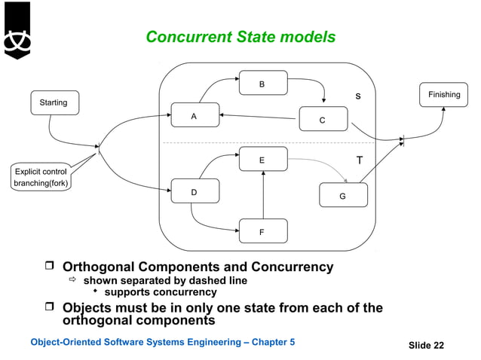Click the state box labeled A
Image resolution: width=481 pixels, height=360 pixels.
click(x=195, y=116)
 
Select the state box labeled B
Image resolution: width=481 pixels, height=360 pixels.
click(x=262, y=84)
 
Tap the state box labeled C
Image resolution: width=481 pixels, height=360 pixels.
click(x=323, y=120)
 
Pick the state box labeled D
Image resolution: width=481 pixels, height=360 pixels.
click(x=195, y=192)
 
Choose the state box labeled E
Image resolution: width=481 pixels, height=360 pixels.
click(x=262, y=160)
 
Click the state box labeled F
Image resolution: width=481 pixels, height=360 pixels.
click(x=262, y=231)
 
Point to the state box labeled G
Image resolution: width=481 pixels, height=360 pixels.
click(x=343, y=195)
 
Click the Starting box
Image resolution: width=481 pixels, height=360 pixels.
click(x=54, y=102)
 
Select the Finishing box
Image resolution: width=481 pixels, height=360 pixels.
click(x=444, y=95)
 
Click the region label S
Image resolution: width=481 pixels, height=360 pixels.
click(x=358, y=96)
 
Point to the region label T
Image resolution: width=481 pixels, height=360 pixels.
click(x=360, y=160)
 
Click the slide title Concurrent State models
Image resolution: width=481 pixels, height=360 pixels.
click(x=240, y=37)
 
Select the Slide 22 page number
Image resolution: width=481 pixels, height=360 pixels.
click(x=426, y=345)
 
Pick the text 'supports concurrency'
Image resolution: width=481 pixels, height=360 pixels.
click(x=160, y=292)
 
